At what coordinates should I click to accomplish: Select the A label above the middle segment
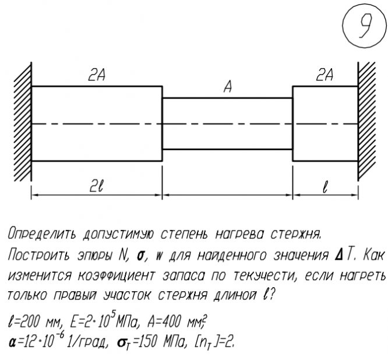[x=228, y=87]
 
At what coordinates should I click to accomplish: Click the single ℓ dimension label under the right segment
[x=325, y=187]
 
